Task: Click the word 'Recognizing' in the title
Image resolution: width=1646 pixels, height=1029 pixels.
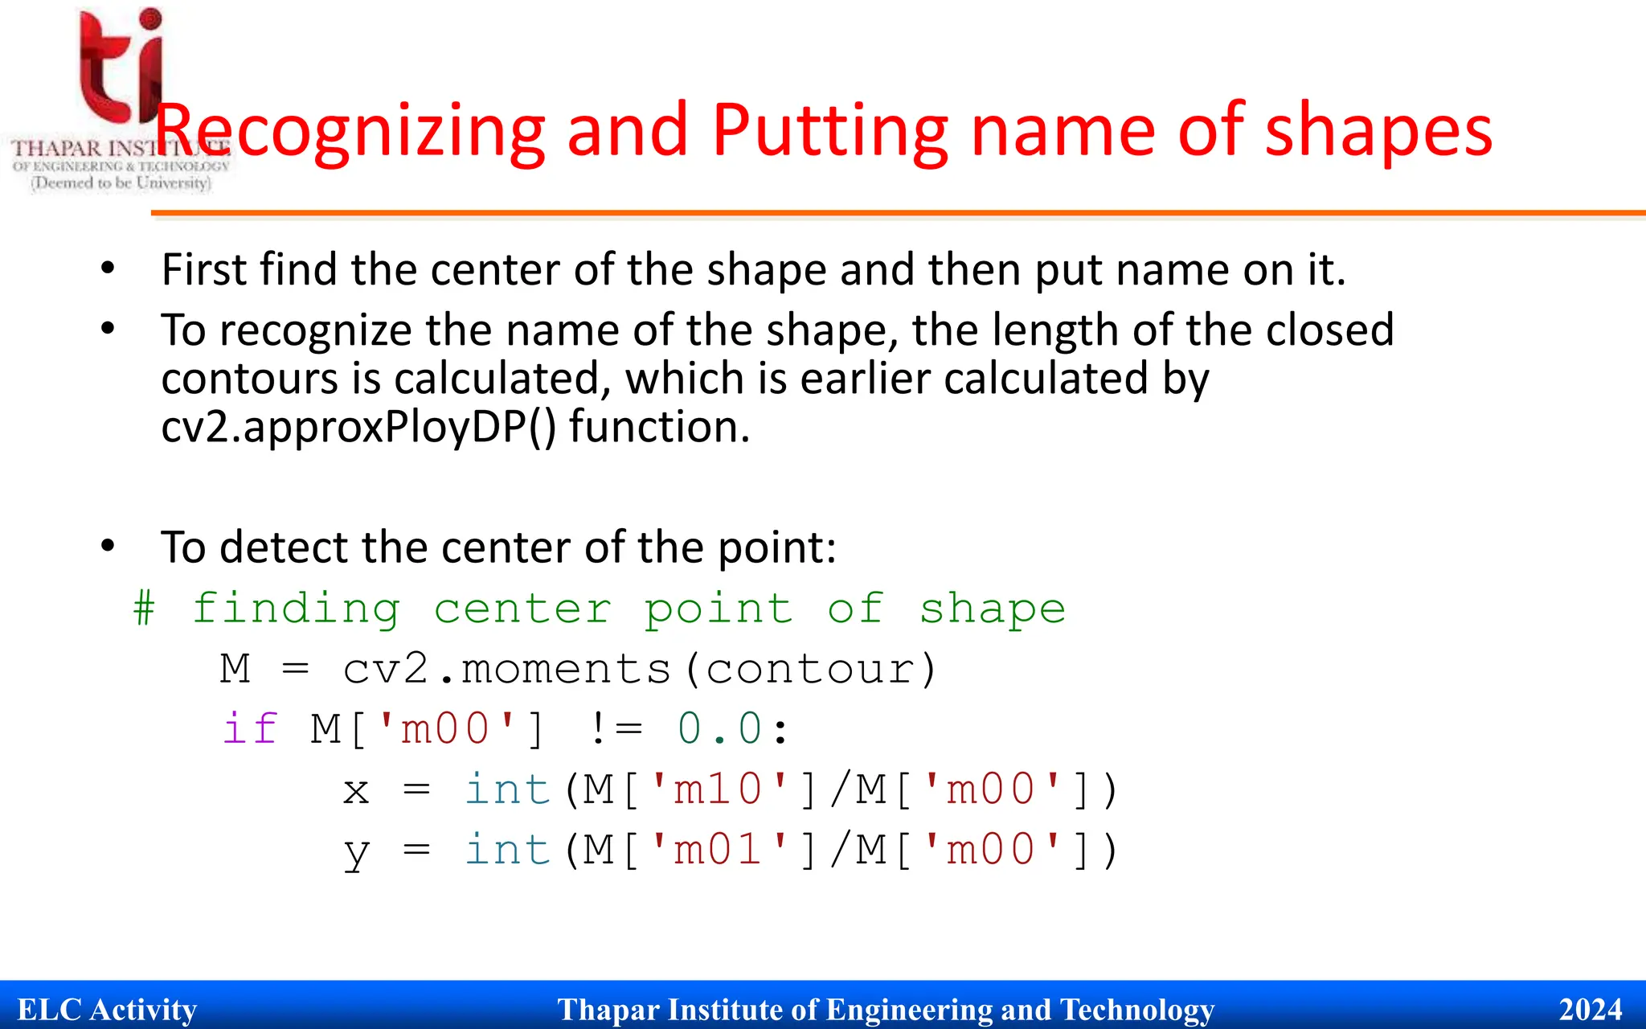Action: click(x=350, y=133)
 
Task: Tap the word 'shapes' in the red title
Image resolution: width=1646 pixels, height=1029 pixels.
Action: click(x=1378, y=133)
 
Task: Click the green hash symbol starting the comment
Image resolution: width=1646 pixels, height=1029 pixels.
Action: click(x=144, y=609)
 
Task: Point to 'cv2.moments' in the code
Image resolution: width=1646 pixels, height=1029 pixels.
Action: click(x=506, y=669)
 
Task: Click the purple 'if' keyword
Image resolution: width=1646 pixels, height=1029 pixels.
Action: click(x=250, y=729)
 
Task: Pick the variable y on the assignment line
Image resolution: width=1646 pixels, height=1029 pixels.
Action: click(x=356, y=852)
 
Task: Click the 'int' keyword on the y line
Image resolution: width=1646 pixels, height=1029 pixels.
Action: click(x=507, y=850)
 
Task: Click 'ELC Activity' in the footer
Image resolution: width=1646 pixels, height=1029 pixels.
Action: click(x=107, y=1010)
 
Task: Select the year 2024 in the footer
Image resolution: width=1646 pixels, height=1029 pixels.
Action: click(x=1591, y=1010)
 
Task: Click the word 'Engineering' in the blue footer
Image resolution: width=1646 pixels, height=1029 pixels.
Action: click(x=908, y=1010)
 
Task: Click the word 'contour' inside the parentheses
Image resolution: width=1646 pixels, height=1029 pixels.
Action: click(x=810, y=669)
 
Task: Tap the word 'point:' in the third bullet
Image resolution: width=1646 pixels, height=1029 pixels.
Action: click(x=776, y=548)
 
